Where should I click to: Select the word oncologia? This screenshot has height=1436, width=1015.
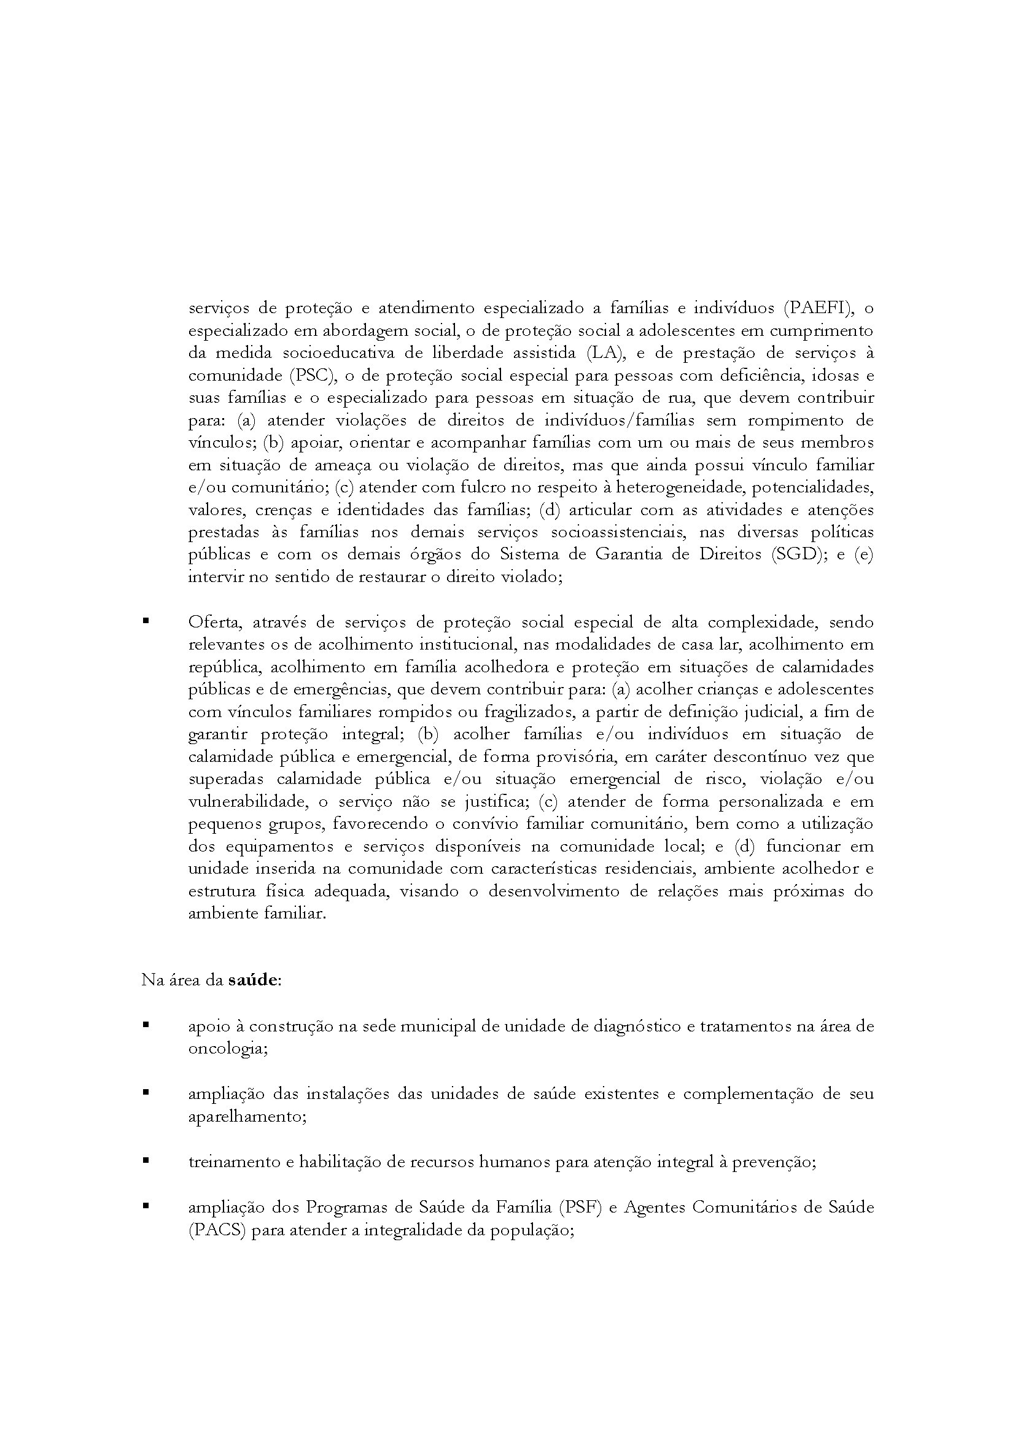[x=228, y=1049]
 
